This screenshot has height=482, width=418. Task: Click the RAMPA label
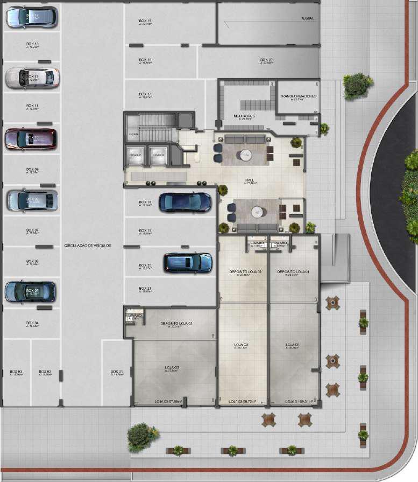pyautogui.click(x=308, y=18)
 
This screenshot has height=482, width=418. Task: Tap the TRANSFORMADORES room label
pyautogui.click(x=298, y=96)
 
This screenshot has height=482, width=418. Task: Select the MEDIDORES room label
pyautogui.click(x=244, y=116)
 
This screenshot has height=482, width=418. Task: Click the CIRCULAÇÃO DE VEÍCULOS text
pyautogui.click(x=88, y=245)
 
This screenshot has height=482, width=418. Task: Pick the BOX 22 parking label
pyautogui.click(x=267, y=60)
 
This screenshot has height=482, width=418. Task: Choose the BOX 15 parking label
pyautogui.click(x=145, y=20)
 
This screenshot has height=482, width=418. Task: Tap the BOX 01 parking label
pyautogui.click(x=117, y=372)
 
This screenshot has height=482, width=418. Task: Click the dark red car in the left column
pyautogui.click(x=30, y=138)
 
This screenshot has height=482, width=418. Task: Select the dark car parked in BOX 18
pyautogui.click(x=185, y=202)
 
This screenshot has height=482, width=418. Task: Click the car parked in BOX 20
pyautogui.click(x=188, y=262)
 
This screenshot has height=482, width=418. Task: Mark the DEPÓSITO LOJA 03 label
pyautogui.click(x=176, y=324)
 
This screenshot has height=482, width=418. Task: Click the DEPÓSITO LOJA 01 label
pyautogui.click(x=293, y=272)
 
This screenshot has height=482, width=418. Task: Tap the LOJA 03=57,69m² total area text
pyautogui.click(x=168, y=401)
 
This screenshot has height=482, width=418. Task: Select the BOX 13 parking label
pyautogui.click(x=32, y=44)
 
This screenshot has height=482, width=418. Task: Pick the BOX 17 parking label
pyautogui.click(x=145, y=94)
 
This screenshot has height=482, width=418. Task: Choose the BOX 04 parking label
pyautogui.click(x=32, y=323)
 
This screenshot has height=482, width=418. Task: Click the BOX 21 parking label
pyautogui.click(x=145, y=288)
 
